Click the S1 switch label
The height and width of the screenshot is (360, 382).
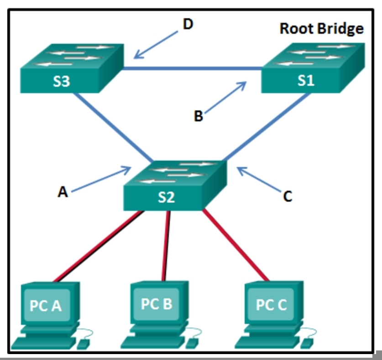(306, 81)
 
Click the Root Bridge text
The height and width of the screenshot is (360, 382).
(321, 29)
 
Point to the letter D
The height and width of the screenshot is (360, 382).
(188, 24)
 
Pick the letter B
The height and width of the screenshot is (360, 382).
(198, 116)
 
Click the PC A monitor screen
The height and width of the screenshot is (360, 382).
(45, 305)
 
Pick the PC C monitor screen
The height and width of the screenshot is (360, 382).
(271, 305)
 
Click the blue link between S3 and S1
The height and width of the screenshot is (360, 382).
(192, 69)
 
